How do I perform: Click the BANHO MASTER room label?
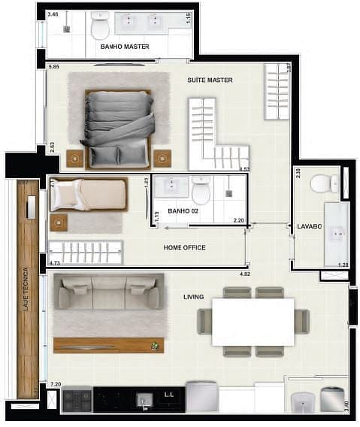124,47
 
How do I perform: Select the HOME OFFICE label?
184,247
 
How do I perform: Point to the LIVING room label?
193,297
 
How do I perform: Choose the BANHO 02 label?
183,211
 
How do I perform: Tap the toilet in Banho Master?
100,26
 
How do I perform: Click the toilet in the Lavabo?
325,183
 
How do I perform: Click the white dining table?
253,322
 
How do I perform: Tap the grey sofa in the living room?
109,292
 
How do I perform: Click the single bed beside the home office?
89,195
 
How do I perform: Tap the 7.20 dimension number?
55,384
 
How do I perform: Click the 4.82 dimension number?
244,274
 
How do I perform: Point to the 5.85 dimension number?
53,68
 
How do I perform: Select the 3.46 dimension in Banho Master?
53,14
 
